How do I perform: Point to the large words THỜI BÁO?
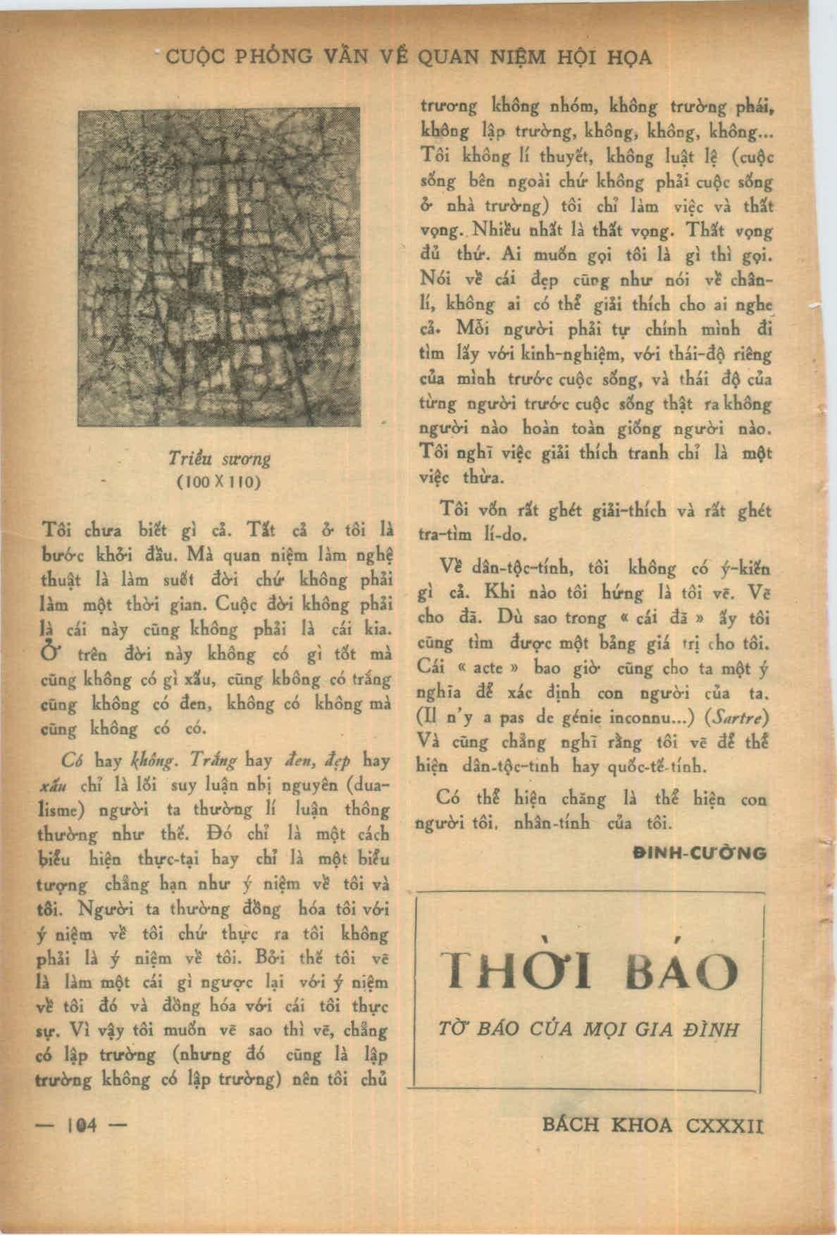[x=589, y=972]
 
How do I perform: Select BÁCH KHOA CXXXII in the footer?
[x=653, y=1126]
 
